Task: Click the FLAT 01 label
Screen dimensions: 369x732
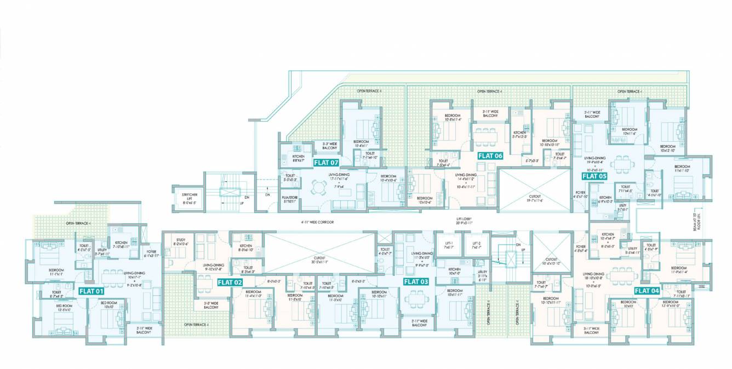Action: click(x=91, y=291)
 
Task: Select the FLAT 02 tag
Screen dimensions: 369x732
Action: click(x=231, y=282)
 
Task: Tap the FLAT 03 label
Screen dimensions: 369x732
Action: click(x=416, y=281)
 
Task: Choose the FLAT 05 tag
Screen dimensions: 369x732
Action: click(x=594, y=176)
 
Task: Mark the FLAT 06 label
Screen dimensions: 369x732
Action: click(x=490, y=155)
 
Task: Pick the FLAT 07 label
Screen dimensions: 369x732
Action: click(x=326, y=163)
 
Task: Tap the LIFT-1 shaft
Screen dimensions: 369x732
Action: click(x=448, y=245)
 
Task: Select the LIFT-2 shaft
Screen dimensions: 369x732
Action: click(x=473, y=245)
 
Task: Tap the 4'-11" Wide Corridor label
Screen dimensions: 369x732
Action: click(x=317, y=222)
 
